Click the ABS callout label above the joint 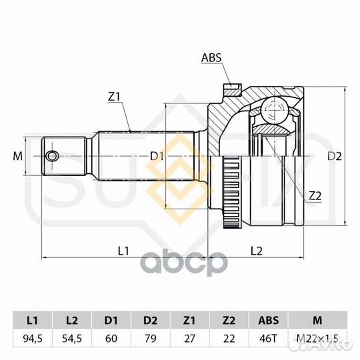tap(211, 57)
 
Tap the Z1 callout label tap(114, 97)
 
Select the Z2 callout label tap(315, 196)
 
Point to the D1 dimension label tap(157, 157)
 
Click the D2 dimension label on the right tap(334, 157)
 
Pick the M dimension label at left tap(18, 157)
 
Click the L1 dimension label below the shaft tap(123, 251)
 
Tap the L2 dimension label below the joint tap(256, 251)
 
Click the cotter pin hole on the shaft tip tap(51, 156)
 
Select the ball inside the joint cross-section tap(275, 111)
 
